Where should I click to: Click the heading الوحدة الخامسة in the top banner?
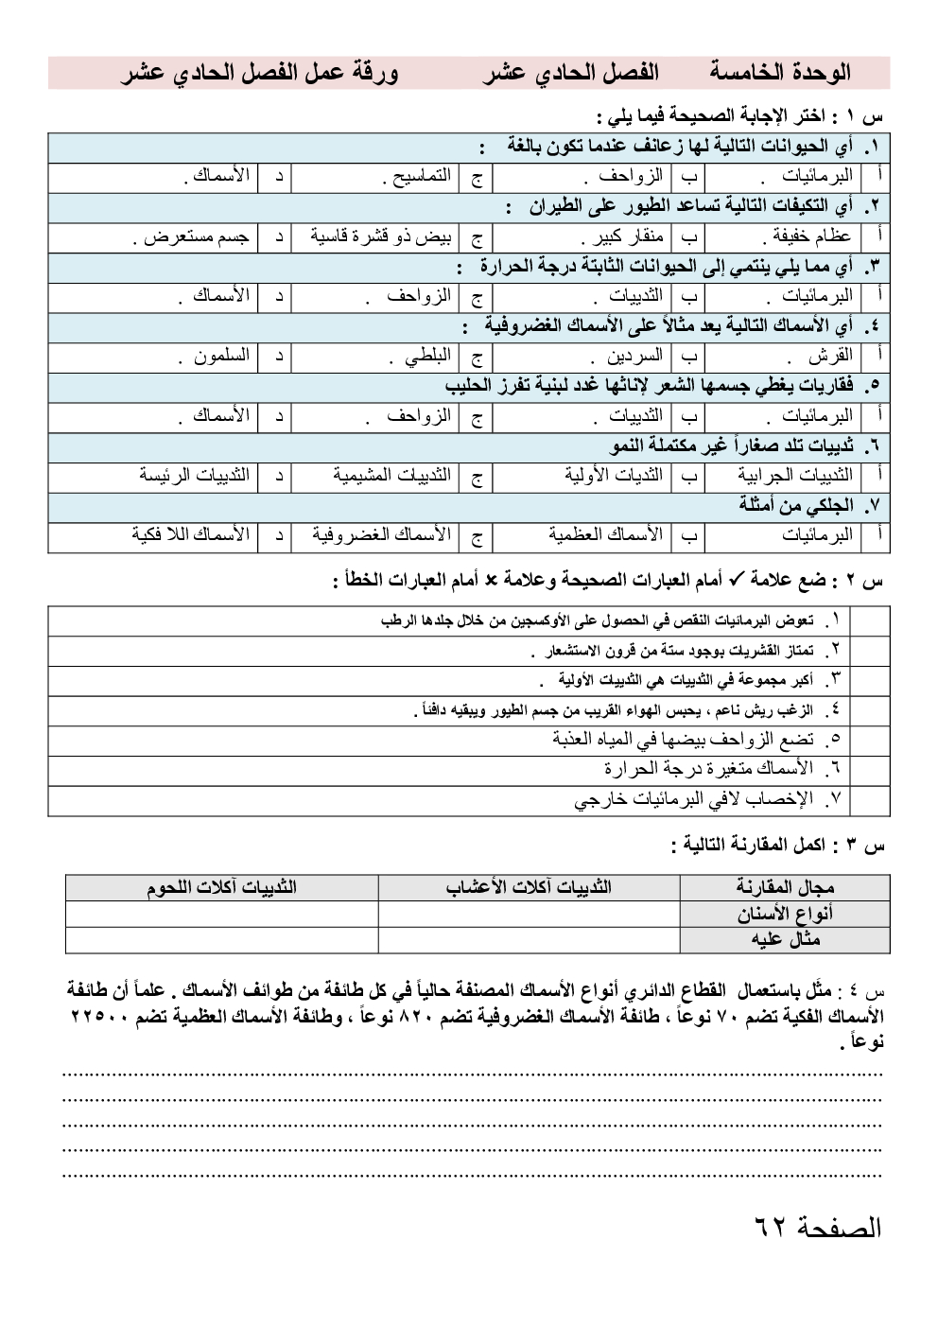(x=780, y=73)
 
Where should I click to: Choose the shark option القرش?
(x=830, y=357)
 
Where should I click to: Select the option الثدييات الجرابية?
(x=795, y=475)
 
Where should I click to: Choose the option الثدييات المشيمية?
(x=391, y=475)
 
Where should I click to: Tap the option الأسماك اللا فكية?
(x=190, y=535)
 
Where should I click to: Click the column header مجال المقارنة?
(x=785, y=887)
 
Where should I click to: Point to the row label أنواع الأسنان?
(x=785, y=914)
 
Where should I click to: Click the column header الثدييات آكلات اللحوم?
(x=221, y=887)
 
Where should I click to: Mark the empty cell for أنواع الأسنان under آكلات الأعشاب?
(x=529, y=914)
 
